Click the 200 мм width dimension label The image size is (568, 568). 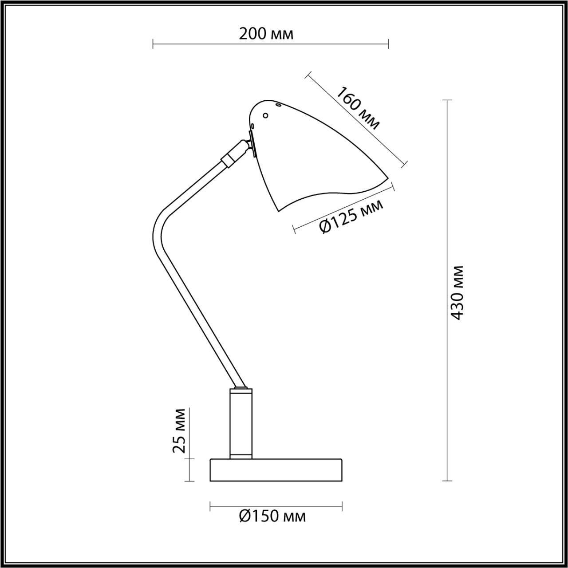pos(266,35)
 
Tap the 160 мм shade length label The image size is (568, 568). pos(357,108)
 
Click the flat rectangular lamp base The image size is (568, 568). pos(276,475)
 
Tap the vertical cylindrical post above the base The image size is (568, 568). pos(241,428)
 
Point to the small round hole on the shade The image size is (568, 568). pos(265,115)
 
